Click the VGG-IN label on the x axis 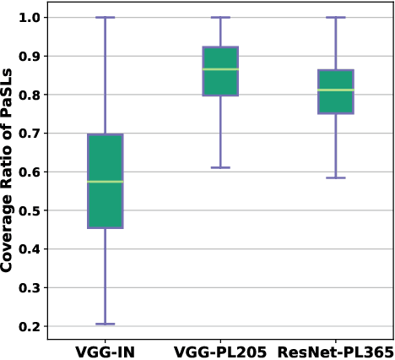pyautogui.click(x=106, y=351)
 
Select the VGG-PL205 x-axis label pyautogui.click(x=220, y=351)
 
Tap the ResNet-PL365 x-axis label pyautogui.click(x=335, y=351)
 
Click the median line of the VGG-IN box pyautogui.click(x=106, y=182)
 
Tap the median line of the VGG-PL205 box pyautogui.click(x=220, y=69)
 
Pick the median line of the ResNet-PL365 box pyautogui.click(x=335, y=90)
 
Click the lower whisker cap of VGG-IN pyautogui.click(x=106, y=324)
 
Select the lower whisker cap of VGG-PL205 pyautogui.click(x=220, y=167)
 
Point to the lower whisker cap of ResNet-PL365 pyautogui.click(x=335, y=177)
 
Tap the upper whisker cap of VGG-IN pyautogui.click(x=106, y=18)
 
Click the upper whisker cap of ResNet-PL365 pyautogui.click(x=335, y=18)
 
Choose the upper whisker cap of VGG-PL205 pyautogui.click(x=220, y=18)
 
